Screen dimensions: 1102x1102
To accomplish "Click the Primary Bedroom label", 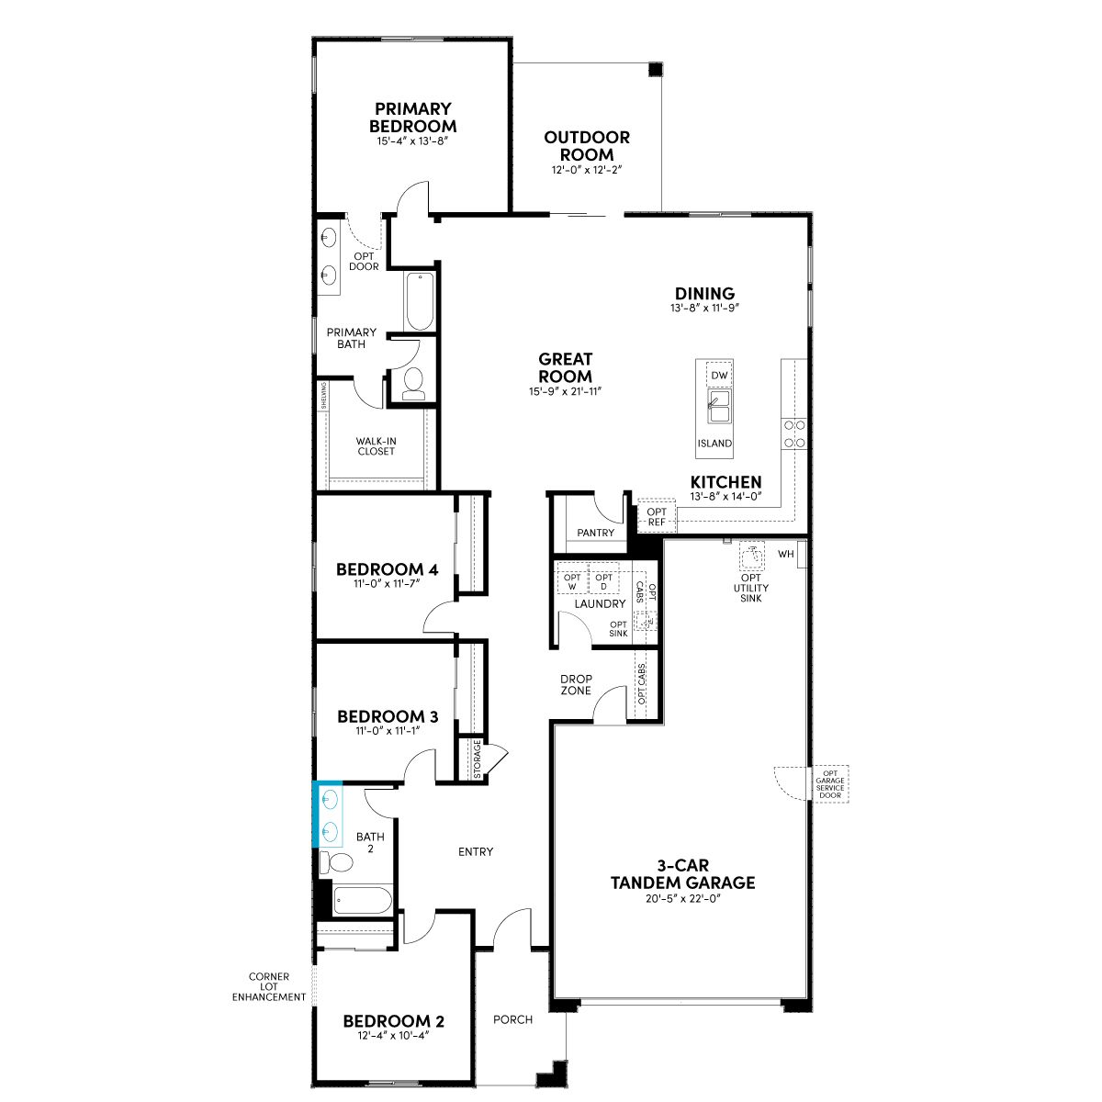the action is pos(412,118).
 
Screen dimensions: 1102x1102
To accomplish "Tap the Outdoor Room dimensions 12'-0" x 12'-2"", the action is pos(587,170).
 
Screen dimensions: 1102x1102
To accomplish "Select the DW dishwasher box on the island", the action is pos(719,376).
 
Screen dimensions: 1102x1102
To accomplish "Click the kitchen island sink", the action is pos(719,407).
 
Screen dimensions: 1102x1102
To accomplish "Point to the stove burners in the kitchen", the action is pos(794,434).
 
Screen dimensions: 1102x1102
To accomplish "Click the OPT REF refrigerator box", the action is pos(657,517).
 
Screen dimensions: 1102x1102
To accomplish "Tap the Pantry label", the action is pos(595,533).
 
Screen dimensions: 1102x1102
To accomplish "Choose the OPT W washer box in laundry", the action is pos(572,582).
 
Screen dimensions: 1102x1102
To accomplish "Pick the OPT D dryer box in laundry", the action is pos(603,582).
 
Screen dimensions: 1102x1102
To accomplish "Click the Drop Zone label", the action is pos(576,684).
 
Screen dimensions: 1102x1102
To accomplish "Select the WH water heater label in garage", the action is pos(786,554).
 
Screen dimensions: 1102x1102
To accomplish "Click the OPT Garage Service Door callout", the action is pos(830,784).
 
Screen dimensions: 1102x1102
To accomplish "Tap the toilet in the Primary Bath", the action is pos(413,383).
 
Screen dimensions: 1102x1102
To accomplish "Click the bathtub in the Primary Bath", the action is pos(421,301).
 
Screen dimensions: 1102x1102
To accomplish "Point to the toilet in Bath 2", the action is pos(336,862).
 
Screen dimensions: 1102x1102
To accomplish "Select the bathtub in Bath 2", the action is pos(363,901).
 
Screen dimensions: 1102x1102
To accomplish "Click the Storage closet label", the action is pos(478,759).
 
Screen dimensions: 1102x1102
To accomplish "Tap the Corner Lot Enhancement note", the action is pos(269,986).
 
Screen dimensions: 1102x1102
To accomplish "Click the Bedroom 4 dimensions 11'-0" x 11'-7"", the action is pos(388,584).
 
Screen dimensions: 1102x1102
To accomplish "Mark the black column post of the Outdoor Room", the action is pos(656,70).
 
